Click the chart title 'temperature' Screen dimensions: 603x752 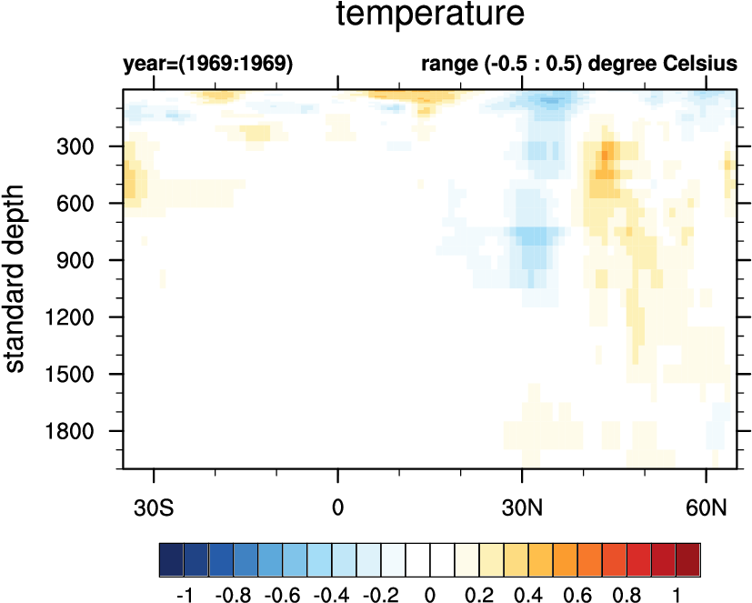pos(431,15)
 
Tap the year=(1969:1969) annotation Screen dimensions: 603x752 pos(208,65)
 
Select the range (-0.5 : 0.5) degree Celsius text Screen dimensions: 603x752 pos(577,65)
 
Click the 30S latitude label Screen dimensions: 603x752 pos(155,506)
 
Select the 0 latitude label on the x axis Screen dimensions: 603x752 pos(338,506)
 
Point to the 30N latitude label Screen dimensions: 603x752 pos(522,506)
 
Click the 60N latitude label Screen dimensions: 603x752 pos(707,506)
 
